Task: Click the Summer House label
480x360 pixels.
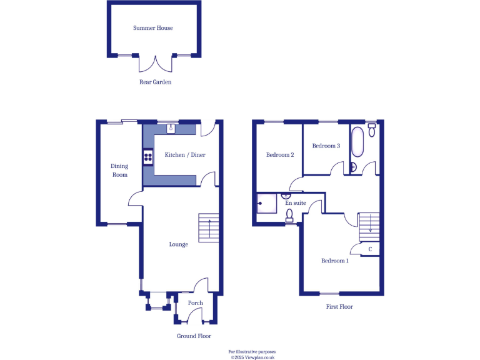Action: coord(153,28)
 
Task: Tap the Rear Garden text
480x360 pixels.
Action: coord(155,82)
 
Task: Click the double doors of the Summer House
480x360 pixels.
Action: coord(155,62)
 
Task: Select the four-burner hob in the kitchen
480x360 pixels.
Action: coord(148,156)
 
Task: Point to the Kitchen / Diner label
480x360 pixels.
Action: coord(185,155)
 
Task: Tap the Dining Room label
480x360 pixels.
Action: coord(119,170)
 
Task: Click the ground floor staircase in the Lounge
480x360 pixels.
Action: coord(209,227)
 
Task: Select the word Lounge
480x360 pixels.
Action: coord(178,244)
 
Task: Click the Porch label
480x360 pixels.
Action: coord(196,303)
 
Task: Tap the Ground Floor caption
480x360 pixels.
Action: coord(194,336)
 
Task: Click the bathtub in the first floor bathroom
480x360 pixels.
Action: coord(357,142)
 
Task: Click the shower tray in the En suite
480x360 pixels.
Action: coord(266,202)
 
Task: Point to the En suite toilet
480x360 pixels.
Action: coord(289,216)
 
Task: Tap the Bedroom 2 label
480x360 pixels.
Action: coord(280,155)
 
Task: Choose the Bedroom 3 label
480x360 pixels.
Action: coord(326,146)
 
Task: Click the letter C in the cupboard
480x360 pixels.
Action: coord(371,249)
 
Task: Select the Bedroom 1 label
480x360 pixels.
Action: coord(335,261)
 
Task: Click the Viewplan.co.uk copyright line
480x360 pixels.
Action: coord(252,357)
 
